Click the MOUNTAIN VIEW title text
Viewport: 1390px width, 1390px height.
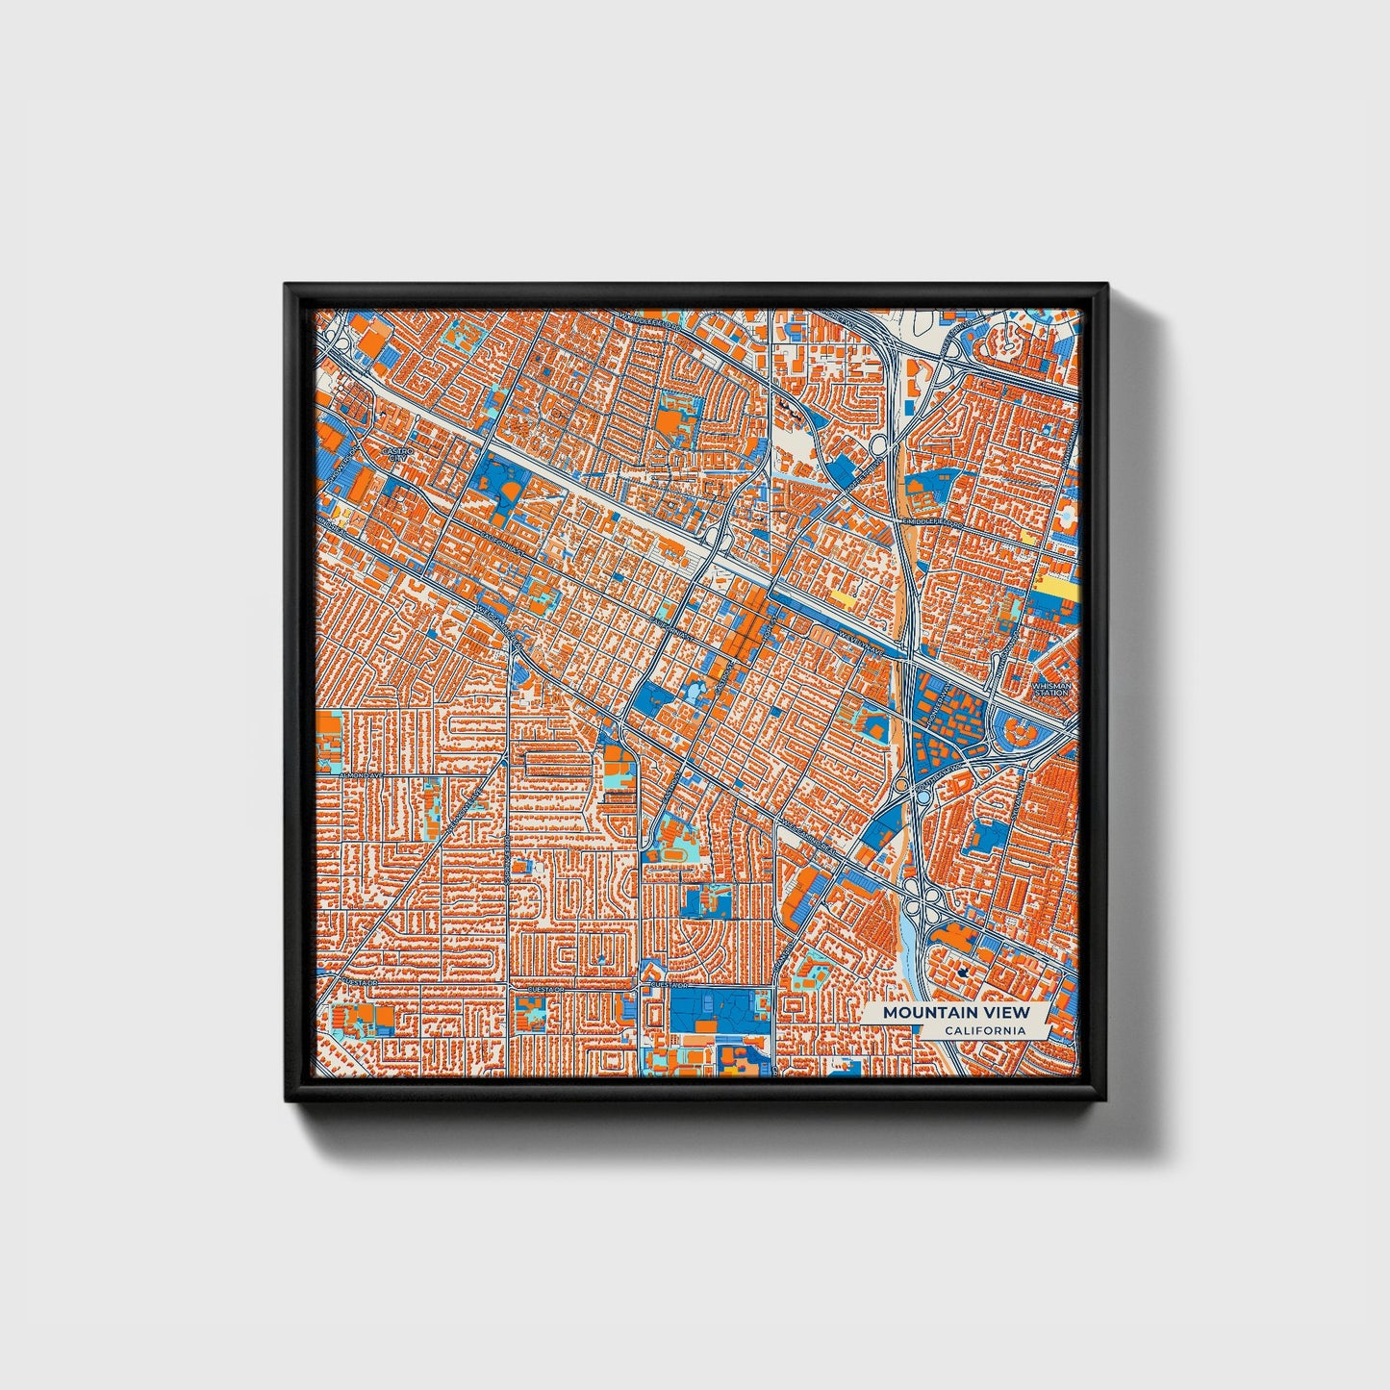(955, 1012)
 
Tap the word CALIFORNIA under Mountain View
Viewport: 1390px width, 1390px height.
(983, 1031)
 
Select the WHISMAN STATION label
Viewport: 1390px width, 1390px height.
(1050, 690)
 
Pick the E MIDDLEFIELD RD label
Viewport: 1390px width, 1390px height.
(931, 522)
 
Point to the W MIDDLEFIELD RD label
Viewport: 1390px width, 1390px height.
(648, 325)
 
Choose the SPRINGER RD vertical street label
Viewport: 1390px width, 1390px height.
(507, 856)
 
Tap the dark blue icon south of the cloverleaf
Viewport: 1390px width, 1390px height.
(965, 972)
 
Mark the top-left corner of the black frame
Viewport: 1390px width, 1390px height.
(287, 286)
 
